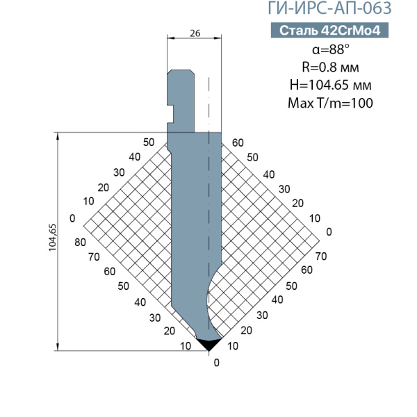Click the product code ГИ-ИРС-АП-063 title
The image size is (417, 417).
pyautogui.click(x=329, y=8)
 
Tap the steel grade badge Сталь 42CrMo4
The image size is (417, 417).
pyautogui.click(x=329, y=30)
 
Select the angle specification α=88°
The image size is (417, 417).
pyautogui.click(x=331, y=49)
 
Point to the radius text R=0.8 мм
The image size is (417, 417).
pyautogui.click(x=330, y=67)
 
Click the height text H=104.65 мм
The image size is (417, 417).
pyautogui.click(x=330, y=85)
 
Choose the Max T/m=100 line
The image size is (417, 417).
pyautogui.click(x=330, y=103)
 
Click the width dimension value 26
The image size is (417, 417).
pyautogui.click(x=195, y=33)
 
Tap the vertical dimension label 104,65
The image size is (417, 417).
pyautogui.click(x=52, y=238)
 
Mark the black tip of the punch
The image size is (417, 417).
pyautogui.click(x=208, y=345)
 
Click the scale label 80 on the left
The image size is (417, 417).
pyautogui.click(x=80, y=243)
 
